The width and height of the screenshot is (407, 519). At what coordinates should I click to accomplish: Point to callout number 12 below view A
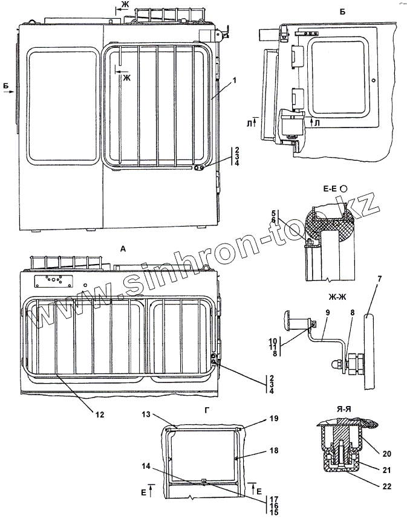(99, 414)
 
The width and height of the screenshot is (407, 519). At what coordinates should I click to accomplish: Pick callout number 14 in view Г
(145, 466)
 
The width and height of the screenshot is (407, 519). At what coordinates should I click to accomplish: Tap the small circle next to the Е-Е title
(344, 189)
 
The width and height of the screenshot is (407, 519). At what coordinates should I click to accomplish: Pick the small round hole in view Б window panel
(374, 80)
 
